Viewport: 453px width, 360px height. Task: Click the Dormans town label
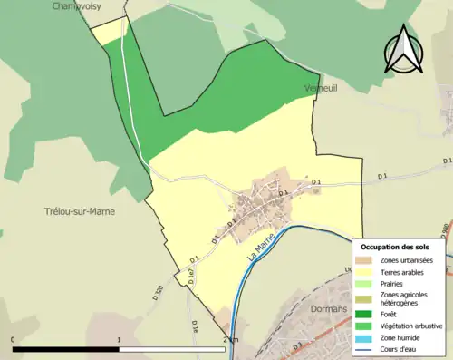pyautogui.click(x=327, y=308)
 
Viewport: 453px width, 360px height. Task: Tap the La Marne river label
pyautogui.click(x=261, y=248)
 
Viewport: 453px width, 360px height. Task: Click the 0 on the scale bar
pyautogui.click(x=14, y=340)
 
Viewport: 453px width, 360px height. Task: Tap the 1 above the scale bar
pyautogui.click(x=120, y=340)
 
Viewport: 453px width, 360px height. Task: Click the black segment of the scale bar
pyautogui.click(x=66, y=349)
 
